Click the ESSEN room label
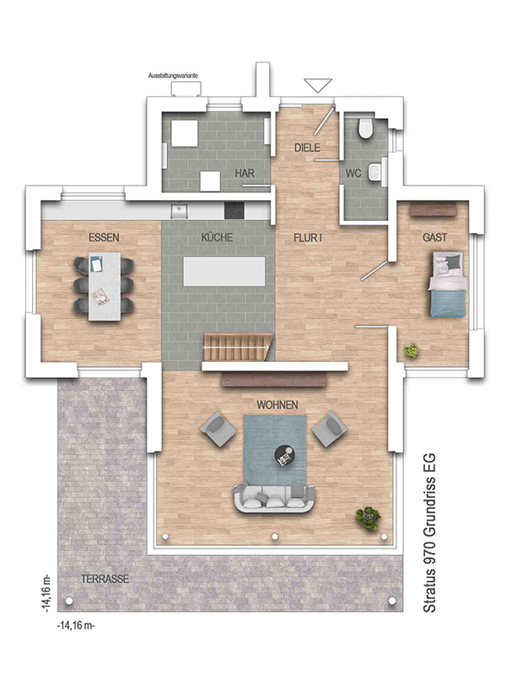[104, 237]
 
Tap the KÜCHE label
[218, 237]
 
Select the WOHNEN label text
[277, 405]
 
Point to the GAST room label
[434, 237]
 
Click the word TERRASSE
[105, 579]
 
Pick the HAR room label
[245, 173]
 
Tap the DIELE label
[307, 148]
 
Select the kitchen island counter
[224, 271]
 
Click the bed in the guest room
[447, 284]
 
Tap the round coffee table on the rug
[285, 456]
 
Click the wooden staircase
[238, 347]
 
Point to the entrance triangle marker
[318, 85]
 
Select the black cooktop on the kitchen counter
[234, 210]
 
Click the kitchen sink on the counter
[179, 210]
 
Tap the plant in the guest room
[412, 351]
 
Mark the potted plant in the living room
[368, 518]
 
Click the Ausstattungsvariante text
[174, 75]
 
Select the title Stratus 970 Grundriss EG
[430, 533]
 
